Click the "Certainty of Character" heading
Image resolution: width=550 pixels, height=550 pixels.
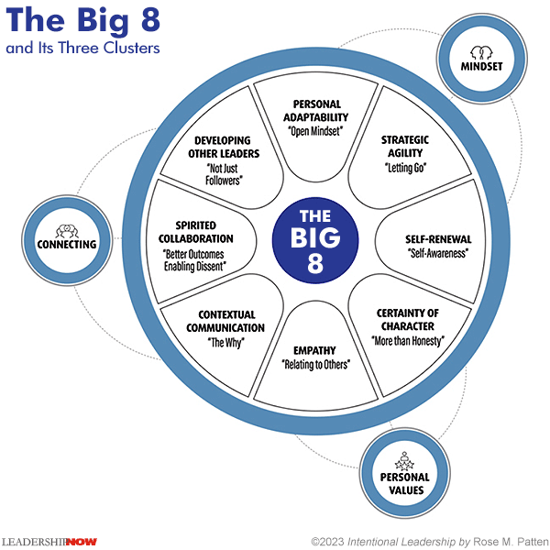(408, 319)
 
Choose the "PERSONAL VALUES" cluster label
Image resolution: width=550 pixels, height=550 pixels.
(404, 483)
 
